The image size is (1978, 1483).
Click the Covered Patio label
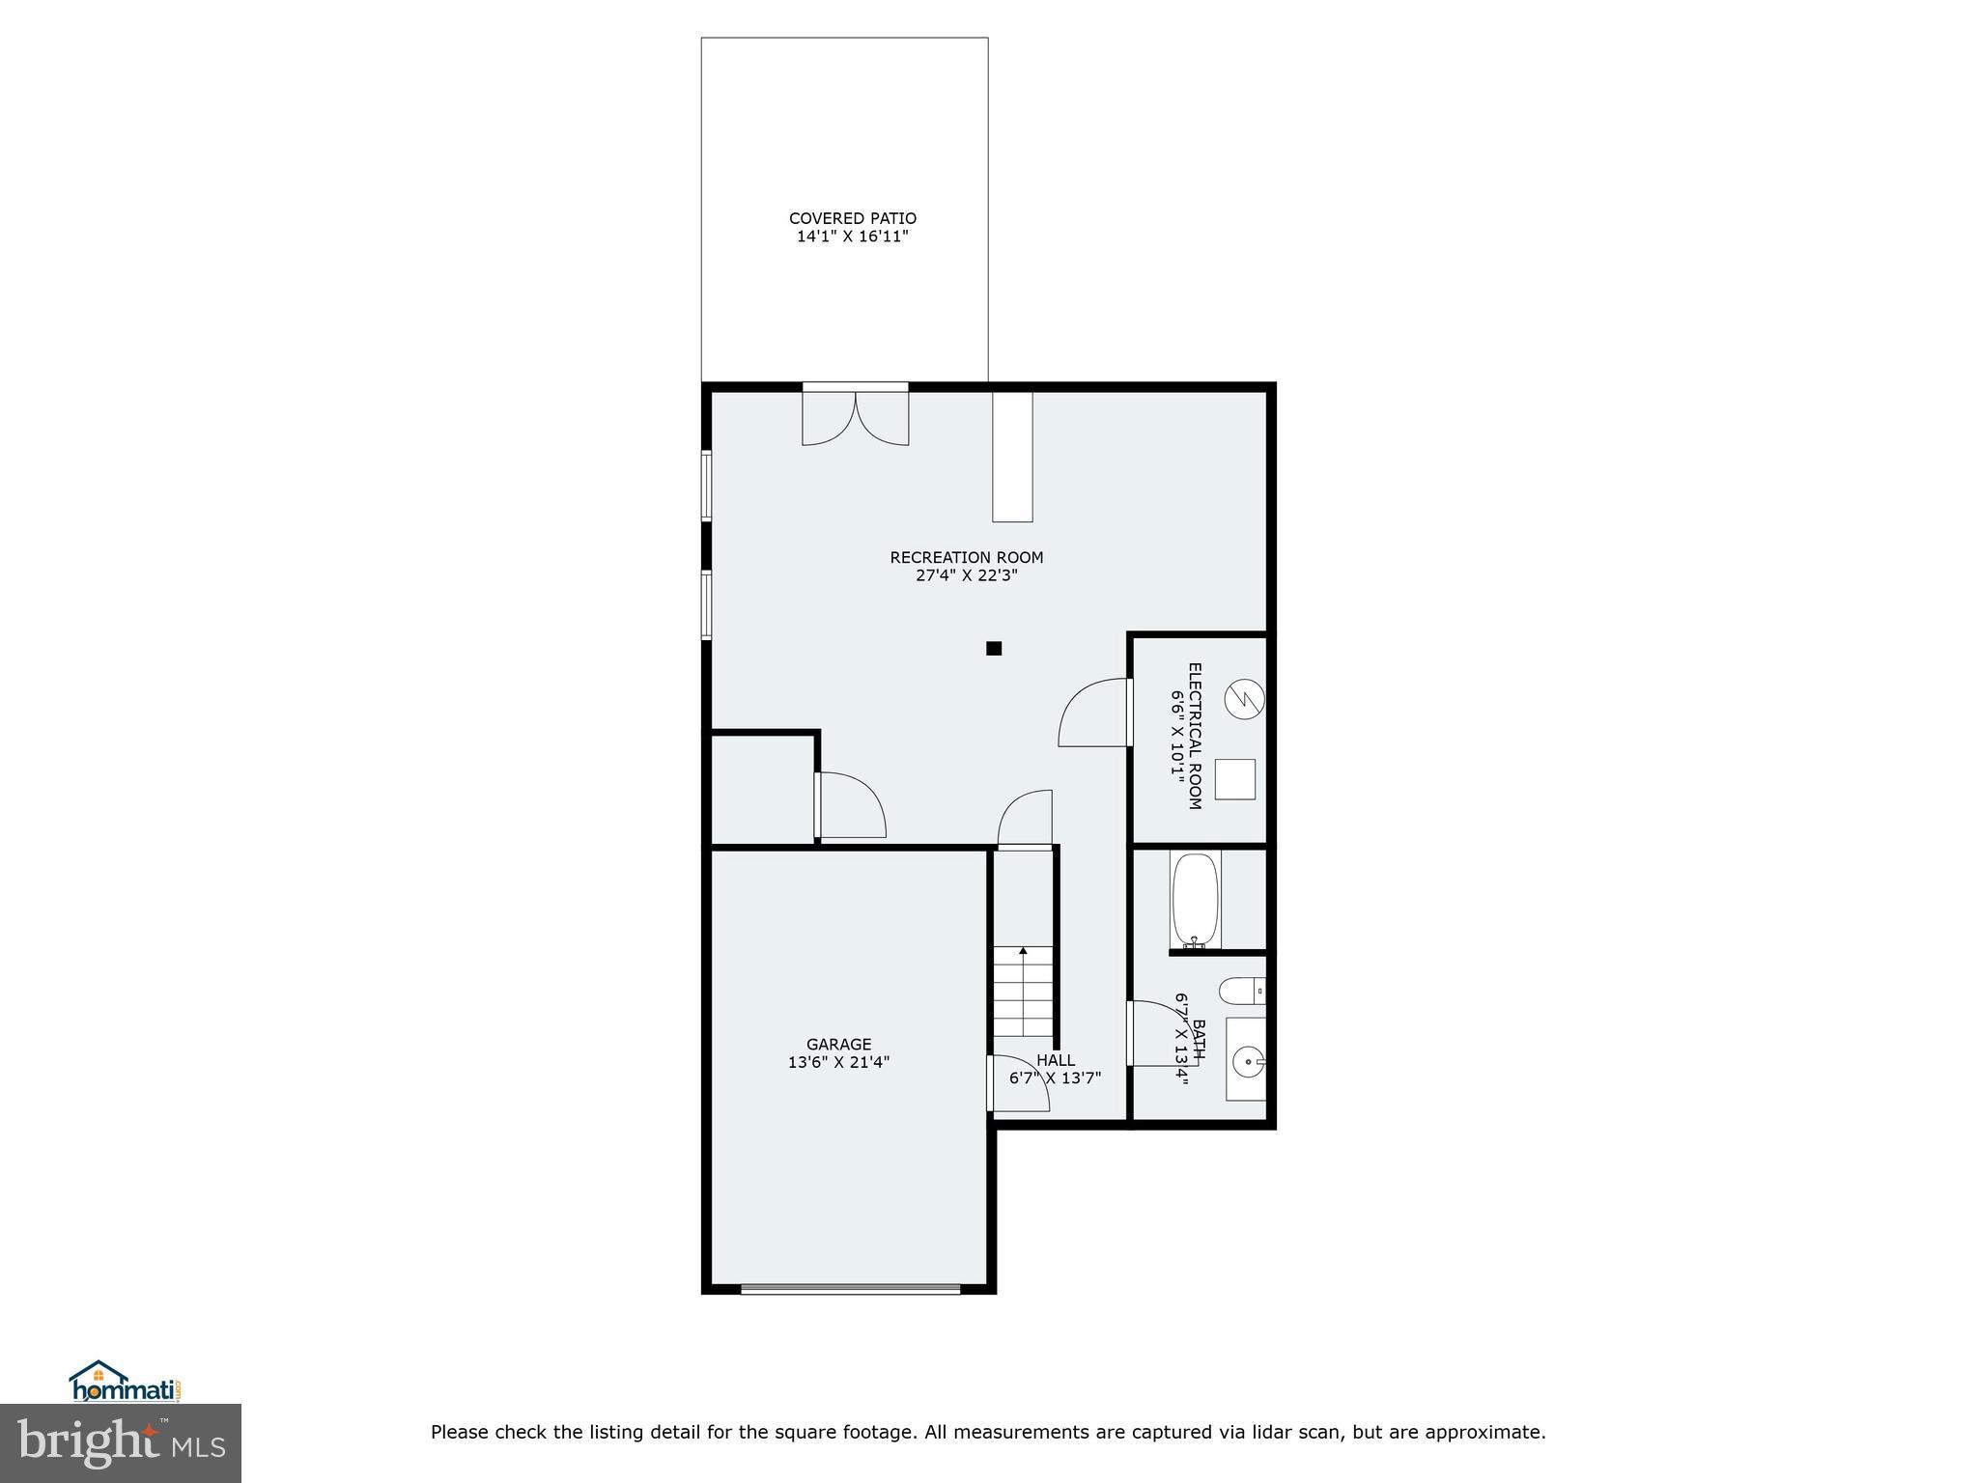[852, 219]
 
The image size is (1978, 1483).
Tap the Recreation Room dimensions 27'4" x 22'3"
[966, 576]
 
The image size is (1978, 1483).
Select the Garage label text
[838, 1044]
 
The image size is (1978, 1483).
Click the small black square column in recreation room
[994, 649]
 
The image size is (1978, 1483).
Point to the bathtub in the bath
[1196, 900]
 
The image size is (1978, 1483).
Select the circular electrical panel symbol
[1244, 699]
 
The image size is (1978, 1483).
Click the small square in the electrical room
[1234, 779]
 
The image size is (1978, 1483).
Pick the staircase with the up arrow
[1024, 992]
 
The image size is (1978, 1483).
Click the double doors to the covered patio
[856, 415]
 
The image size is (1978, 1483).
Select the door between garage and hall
[1016, 1084]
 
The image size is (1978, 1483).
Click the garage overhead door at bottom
[850, 1288]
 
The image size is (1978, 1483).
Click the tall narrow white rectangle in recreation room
[1012, 456]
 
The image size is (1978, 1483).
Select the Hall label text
[1056, 1060]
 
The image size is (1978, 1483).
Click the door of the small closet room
[850, 806]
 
